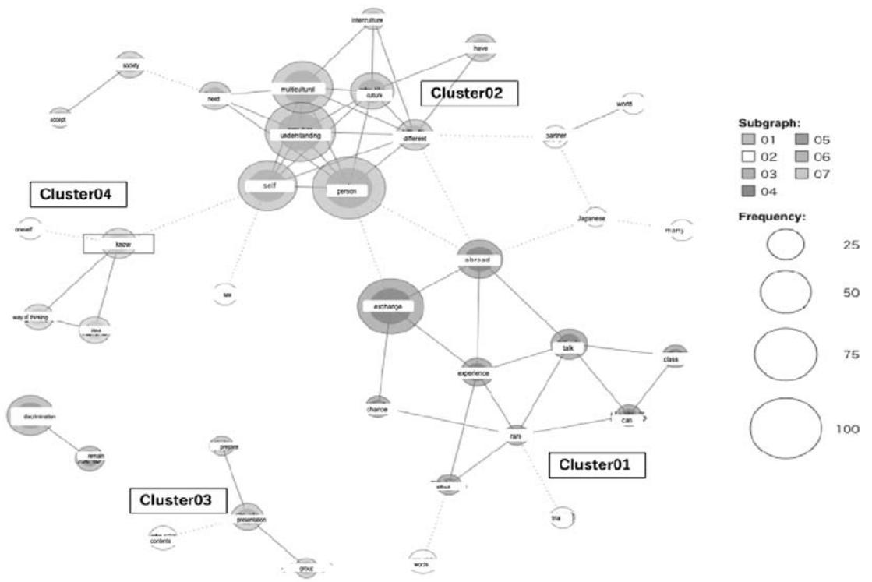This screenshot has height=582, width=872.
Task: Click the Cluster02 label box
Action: point(468,94)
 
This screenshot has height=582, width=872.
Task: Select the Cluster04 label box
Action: point(78,193)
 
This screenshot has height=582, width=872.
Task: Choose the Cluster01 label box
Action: point(598,465)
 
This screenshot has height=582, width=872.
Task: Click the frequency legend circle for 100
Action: point(786,427)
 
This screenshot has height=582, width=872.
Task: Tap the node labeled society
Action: point(131,65)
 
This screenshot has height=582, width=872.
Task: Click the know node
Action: point(119,244)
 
